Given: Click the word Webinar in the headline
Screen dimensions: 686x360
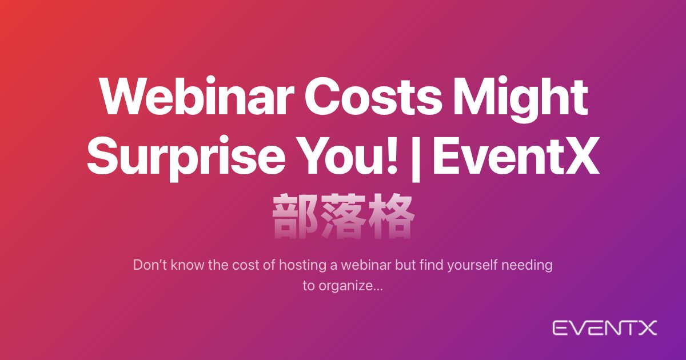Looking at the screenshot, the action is [x=197, y=97].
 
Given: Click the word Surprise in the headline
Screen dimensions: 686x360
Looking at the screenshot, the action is [x=186, y=159].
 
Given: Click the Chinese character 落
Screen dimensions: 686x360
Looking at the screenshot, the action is [x=343, y=216].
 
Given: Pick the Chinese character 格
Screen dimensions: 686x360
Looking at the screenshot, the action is [x=391, y=216].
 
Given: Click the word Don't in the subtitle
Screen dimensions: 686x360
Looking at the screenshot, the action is [x=150, y=265].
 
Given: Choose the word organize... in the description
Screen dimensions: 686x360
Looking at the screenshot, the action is [x=350, y=286].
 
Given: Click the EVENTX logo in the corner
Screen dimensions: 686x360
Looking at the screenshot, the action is [x=605, y=328].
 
